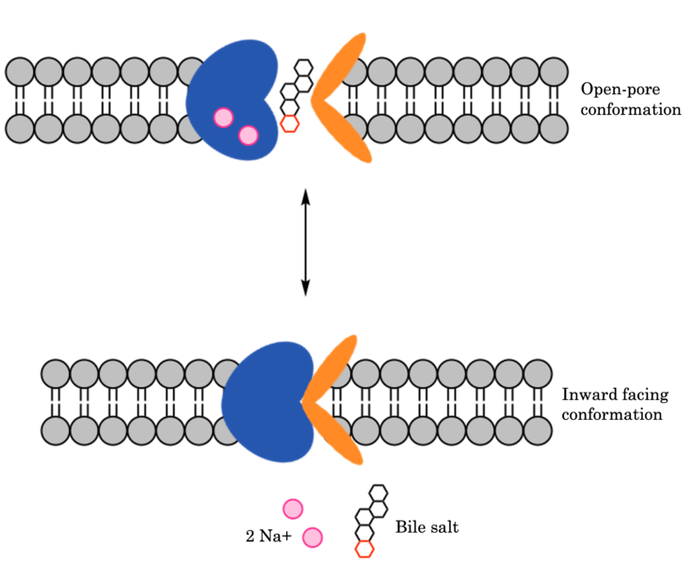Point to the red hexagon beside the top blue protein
coord(290,123)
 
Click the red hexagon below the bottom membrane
coord(364,549)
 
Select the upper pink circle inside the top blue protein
coord(223,118)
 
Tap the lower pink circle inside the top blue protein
coord(249,136)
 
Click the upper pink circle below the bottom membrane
coord(293,509)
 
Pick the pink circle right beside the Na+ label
coord(313,538)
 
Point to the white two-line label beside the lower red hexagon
coord(418,518)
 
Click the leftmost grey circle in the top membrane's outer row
coord(20,72)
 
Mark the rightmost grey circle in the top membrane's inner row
coord(554,128)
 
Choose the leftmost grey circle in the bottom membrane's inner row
coord(56,430)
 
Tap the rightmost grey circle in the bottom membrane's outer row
coord(538,374)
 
